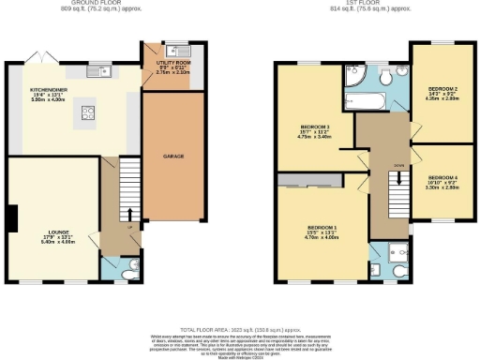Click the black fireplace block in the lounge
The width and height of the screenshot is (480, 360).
(x=11, y=217)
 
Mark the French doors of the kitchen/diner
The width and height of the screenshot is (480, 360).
(x=38, y=58)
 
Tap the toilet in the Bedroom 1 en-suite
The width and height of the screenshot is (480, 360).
(x=400, y=270)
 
